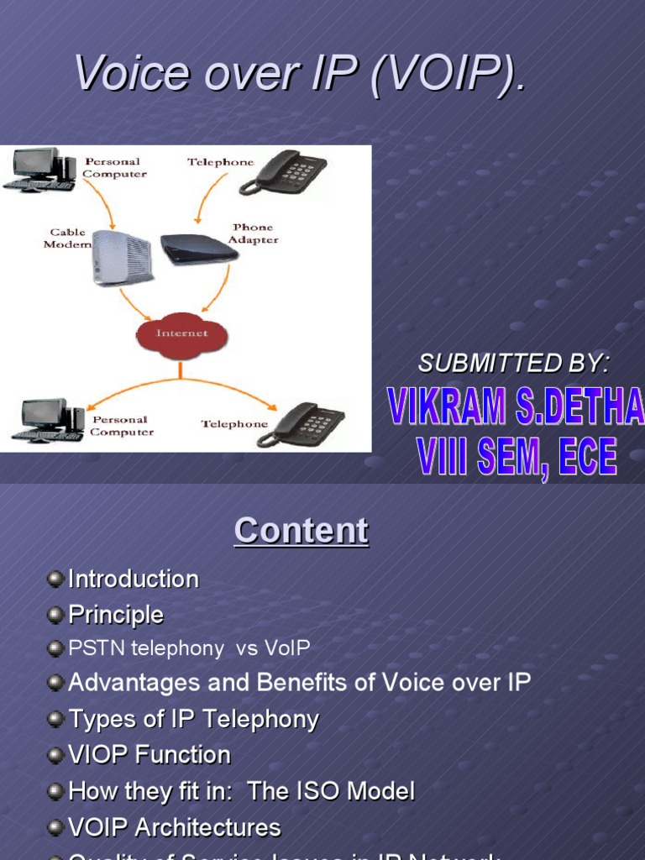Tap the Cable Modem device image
121,257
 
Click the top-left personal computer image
40,169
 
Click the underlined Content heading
301,531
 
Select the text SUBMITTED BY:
514,363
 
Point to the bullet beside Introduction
55,579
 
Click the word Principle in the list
116,615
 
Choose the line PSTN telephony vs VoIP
189,648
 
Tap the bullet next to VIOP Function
55,755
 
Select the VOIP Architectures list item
174,827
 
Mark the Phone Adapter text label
254,233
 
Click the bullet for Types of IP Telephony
55,719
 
